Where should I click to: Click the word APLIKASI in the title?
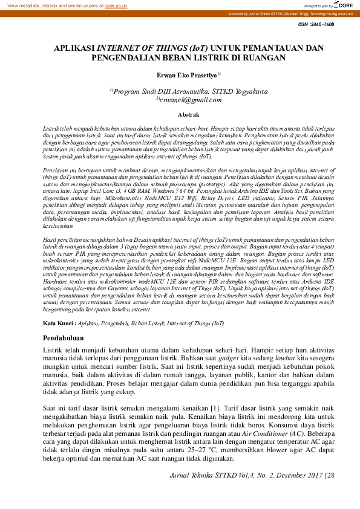pos(74,47)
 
